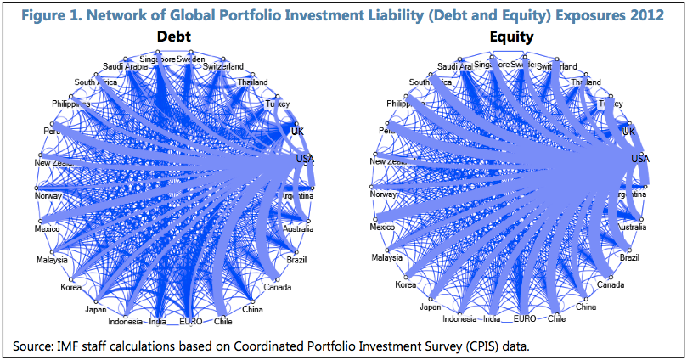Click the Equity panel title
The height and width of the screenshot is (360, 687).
[511, 37]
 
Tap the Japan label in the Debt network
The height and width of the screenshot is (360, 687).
[96, 310]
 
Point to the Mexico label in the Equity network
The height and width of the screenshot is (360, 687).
[382, 228]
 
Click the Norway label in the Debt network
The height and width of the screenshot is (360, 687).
[49, 194]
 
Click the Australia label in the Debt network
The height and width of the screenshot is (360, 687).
[300, 228]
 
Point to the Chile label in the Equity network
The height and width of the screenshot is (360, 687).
[556, 319]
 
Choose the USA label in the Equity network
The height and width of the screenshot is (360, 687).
[639, 159]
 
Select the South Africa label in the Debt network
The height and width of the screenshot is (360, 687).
[94, 82]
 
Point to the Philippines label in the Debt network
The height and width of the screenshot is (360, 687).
[70, 104]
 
